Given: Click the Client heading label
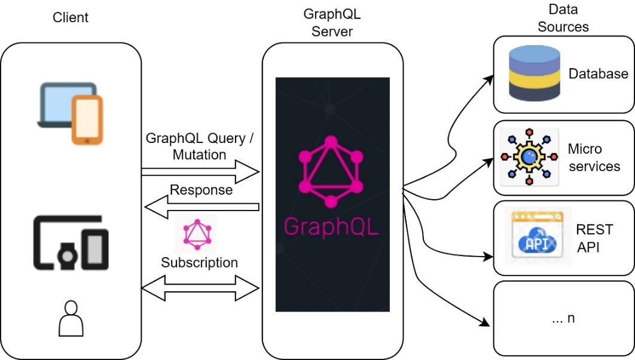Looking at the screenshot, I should [x=71, y=17].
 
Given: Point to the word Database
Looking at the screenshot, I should [x=598, y=74].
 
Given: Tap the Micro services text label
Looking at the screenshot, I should [x=594, y=157].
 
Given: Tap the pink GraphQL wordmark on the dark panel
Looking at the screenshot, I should [x=332, y=227].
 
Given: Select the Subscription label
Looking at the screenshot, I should [x=199, y=263].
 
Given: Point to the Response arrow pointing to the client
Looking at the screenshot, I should [x=201, y=208].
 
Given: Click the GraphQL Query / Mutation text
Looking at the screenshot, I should [x=200, y=147].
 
